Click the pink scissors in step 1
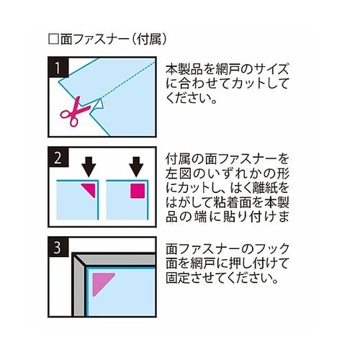click(x=73, y=112)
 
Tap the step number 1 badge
click(x=58, y=68)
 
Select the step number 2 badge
click(x=58, y=158)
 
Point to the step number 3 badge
click(x=58, y=248)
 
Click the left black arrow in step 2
click(x=89, y=167)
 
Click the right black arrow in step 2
click(x=136, y=167)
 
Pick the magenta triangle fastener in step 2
click(x=90, y=189)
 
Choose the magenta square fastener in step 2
click(x=138, y=191)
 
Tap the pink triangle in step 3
click(x=101, y=282)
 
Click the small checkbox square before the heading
click(x=53, y=39)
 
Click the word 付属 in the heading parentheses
click(x=149, y=39)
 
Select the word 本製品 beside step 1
click(x=184, y=69)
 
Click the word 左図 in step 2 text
click(x=179, y=174)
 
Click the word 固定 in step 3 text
click(x=179, y=278)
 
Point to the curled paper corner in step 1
click(x=99, y=105)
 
